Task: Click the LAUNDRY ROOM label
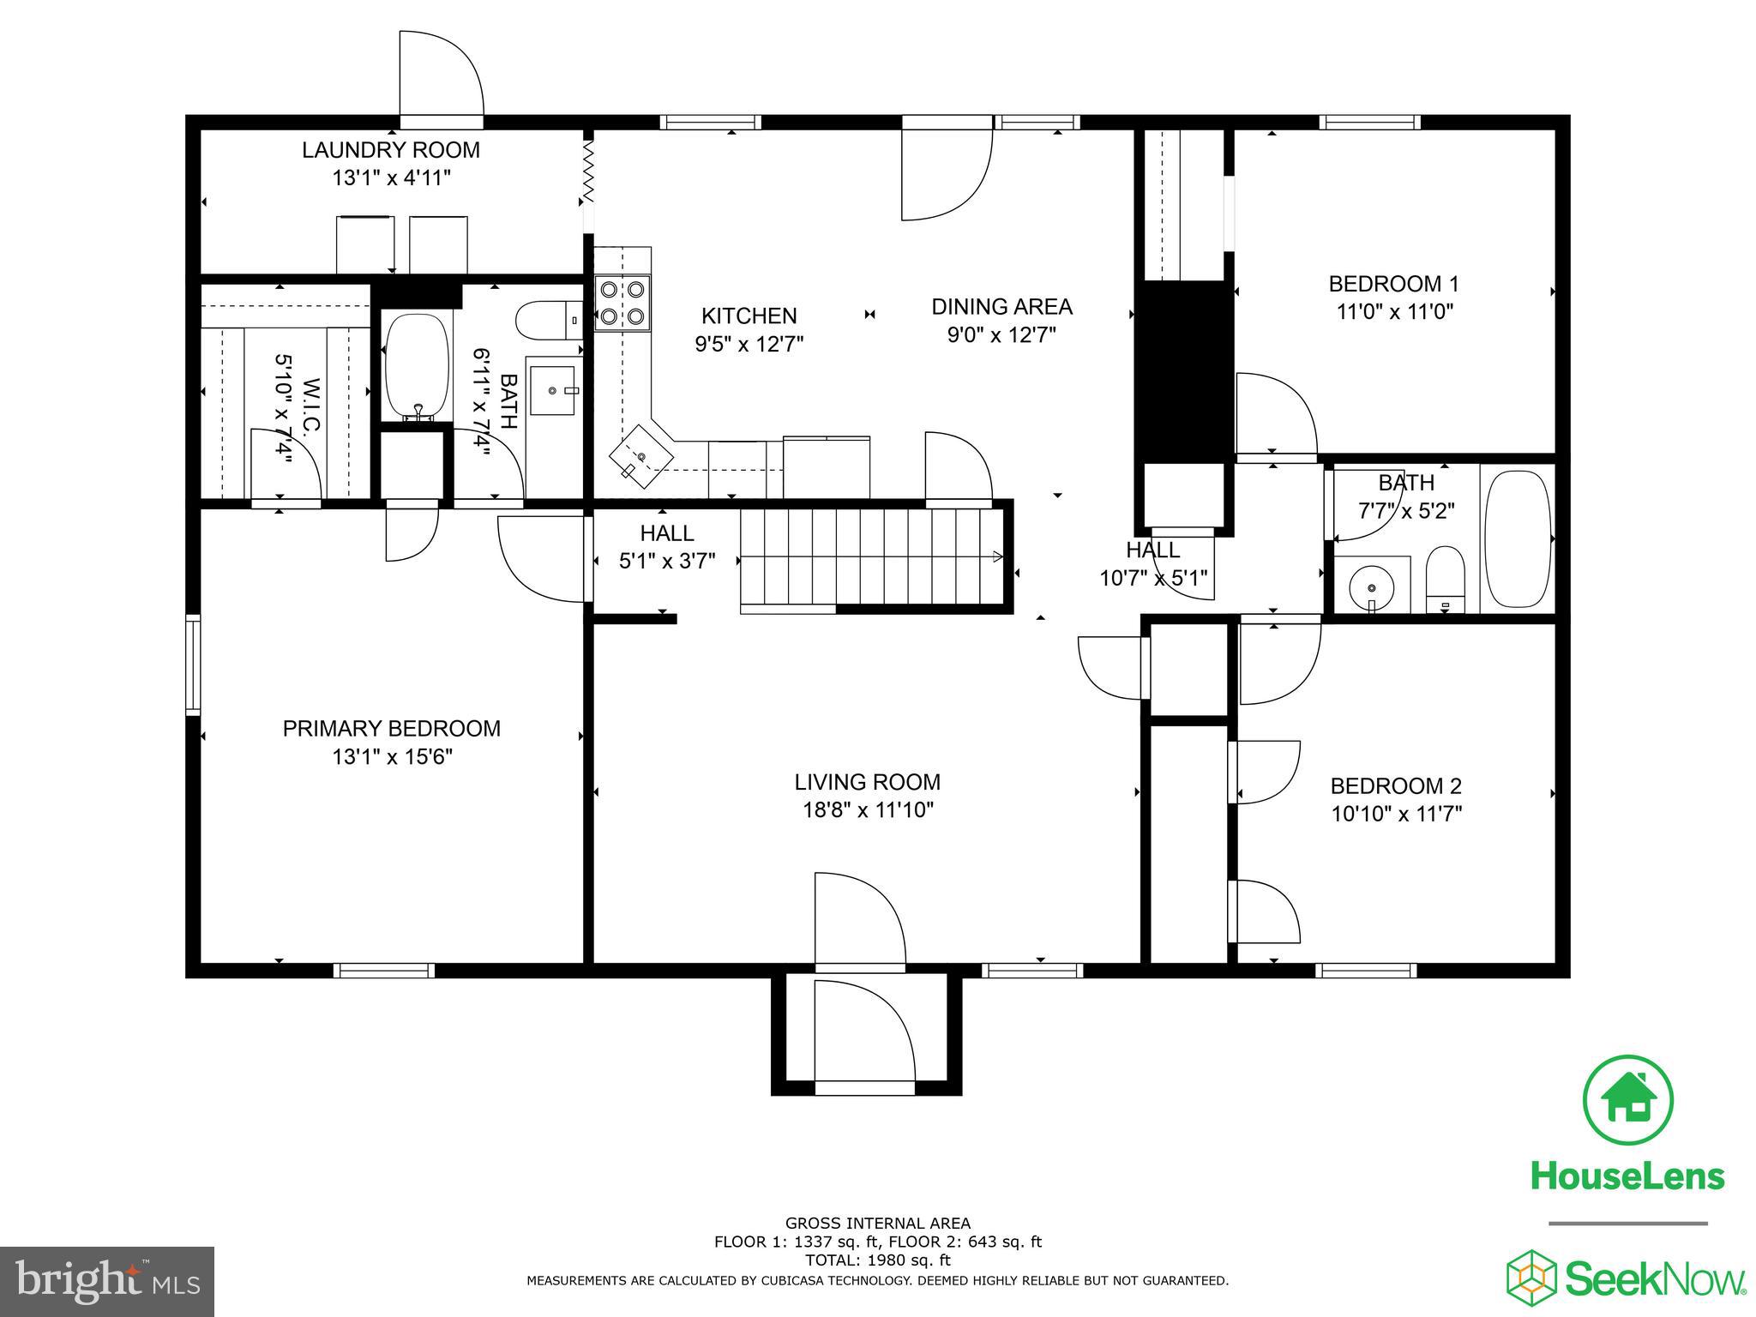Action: [x=391, y=150]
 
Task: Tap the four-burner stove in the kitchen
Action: [x=622, y=303]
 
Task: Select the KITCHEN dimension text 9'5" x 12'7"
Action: [x=749, y=344]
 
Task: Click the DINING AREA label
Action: [x=1001, y=306]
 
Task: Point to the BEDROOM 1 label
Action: [x=1392, y=284]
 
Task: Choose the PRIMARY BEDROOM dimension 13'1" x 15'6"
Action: [x=392, y=757]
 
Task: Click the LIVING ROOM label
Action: [x=867, y=782]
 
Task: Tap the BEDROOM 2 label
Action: [x=1395, y=785]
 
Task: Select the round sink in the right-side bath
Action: [x=1372, y=588]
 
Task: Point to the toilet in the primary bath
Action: [x=549, y=322]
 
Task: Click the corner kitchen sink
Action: [x=641, y=457]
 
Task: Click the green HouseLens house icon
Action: [x=1627, y=1100]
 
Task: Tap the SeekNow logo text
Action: [x=1655, y=1280]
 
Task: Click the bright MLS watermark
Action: [x=107, y=1282]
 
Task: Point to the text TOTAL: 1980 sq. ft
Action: [x=877, y=1260]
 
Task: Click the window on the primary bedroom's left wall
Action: [x=194, y=665]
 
